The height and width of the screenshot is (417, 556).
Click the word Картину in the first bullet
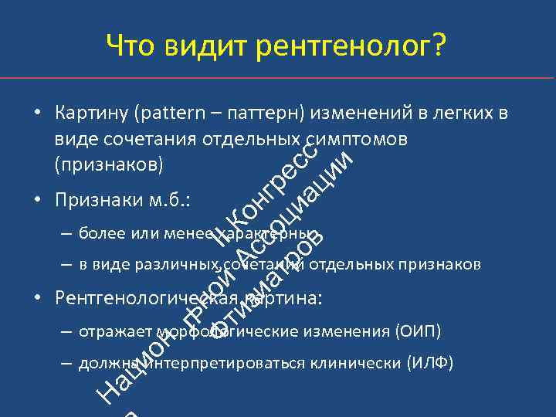pos(93,114)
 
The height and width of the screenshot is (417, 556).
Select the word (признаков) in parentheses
pos(109,164)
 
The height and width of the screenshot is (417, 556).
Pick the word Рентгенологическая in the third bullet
pos(146,298)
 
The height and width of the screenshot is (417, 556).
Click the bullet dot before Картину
pos(37,115)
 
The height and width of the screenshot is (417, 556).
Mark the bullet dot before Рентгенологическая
pos(37,299)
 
